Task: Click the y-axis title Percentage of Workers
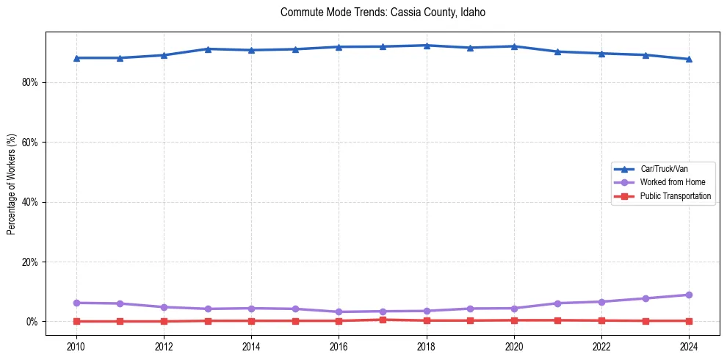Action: click(x=11, y=184)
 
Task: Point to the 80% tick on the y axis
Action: click(x=30, y=82)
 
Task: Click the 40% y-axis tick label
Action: click(x=30, y=202)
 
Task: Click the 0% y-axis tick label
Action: click(x=32, y=322)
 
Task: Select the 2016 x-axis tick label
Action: click(x=339, y=347)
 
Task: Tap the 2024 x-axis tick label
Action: click(x=689, y=347)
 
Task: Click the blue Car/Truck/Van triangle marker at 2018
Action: click(x=427, y=46)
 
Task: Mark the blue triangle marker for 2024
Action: click(x=689, y=59)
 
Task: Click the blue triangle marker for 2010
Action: click(x=76, y=58)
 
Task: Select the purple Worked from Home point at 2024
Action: click(x=689, y=295)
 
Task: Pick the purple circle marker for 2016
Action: click(x=339, y=312)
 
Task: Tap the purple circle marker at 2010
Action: click(x=76, y=303)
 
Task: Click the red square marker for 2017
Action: click(x=383, y=320)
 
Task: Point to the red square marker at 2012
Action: click(x=164, y=321)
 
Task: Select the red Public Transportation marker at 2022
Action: click(x=601, y=320)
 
